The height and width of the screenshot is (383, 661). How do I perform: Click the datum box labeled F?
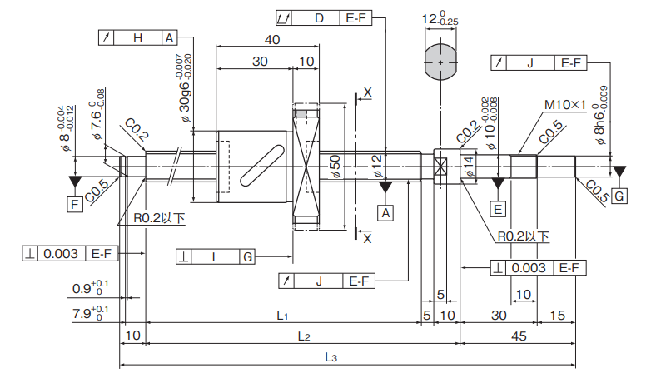(x=75, y=203)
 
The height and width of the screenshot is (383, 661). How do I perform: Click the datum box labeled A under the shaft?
(x=385, y=213)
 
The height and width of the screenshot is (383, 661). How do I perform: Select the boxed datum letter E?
(x=498, y=208)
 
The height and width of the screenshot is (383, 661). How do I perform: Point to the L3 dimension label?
(x=330, y=357)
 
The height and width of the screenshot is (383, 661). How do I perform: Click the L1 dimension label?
(x=282, y=316)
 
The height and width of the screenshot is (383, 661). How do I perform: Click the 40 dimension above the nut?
(x=271, y=40)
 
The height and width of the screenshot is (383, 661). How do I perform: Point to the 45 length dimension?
(x=518, y=336)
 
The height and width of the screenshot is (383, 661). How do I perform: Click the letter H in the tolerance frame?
(x=138, y=38)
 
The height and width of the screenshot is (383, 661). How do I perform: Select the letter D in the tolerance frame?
(x=319, y=17)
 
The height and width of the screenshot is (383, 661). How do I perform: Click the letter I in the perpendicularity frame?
(x=214, y=256)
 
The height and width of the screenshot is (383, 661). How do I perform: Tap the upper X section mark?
(x=368, y=92)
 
